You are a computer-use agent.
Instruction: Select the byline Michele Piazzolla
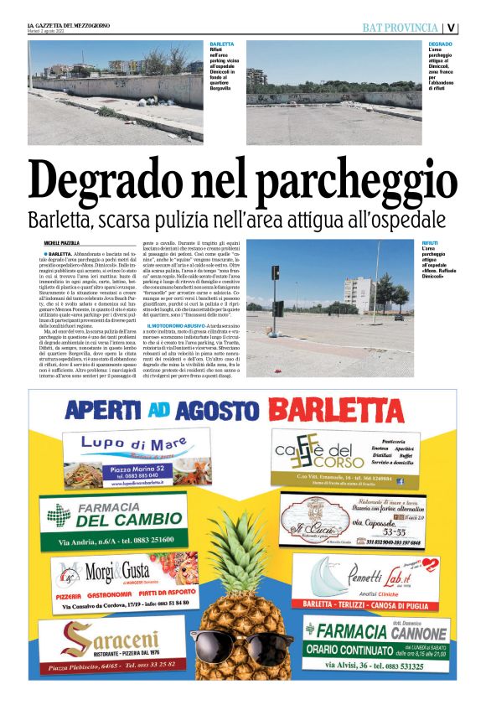[x=63, y=242]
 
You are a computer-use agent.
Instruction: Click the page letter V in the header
[x=451, y=28]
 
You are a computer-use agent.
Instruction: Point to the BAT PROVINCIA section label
[x=400, y=28]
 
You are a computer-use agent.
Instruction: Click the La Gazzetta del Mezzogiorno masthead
[x=66, y=23]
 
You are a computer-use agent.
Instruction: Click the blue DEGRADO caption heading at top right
[x=440, y=43]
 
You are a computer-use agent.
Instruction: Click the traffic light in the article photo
[x=276, y=274]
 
